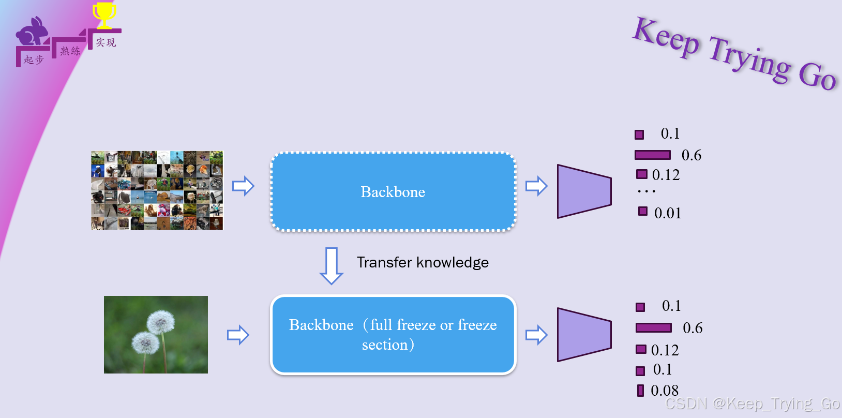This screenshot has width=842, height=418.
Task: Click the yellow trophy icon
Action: point(104,15)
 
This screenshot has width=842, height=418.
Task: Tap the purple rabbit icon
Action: point(32,33)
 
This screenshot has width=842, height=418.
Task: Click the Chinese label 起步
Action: point(34,60)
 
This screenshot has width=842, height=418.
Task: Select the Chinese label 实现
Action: point(106,42)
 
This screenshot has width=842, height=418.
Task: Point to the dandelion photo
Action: point(156,335)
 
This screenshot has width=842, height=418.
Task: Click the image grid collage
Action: point(157,190)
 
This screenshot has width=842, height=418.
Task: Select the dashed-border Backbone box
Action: point(393,192)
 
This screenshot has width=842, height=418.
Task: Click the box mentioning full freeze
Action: point(393,335)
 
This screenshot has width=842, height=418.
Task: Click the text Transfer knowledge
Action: point(423,262)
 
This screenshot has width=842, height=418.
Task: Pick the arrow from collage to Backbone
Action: point(243,186)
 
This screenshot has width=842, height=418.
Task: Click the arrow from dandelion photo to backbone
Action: point(238,335)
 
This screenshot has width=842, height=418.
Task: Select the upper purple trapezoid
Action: point(584,191)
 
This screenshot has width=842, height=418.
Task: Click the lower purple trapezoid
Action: point(584,335)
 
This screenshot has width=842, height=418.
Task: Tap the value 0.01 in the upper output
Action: point(668,213)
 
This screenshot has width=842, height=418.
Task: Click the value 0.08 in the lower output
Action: point(665,391)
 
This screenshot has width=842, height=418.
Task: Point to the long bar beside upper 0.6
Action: point(653,155)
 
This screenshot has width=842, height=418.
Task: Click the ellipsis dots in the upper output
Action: point(646,191)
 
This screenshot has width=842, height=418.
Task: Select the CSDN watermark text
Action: point(753,404)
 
